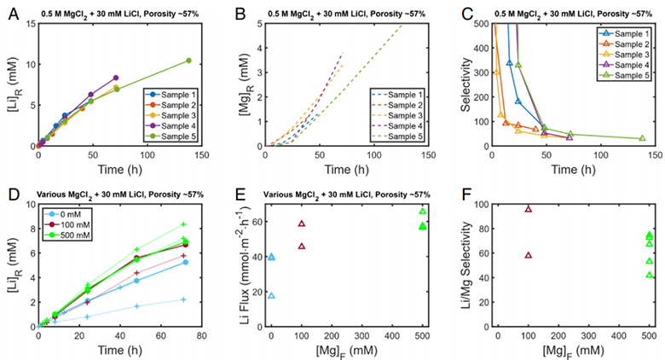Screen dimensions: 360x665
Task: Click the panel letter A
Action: pyautogui.click(x=11, y=11)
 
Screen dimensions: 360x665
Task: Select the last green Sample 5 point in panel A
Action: pyautogui.click(x=188, y=61)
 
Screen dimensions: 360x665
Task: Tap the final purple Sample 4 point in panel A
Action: pyautogui.click(x=115, y=78)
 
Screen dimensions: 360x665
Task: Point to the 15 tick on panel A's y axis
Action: pyautogui.click(x=31, y=23)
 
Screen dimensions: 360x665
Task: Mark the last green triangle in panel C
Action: pyautogui.click(x=642, y=138)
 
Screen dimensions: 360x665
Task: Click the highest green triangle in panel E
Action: pyautogui.click(x=422, y=212)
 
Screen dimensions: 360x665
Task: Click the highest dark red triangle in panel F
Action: pyautogui.click(x=529, y=209)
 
